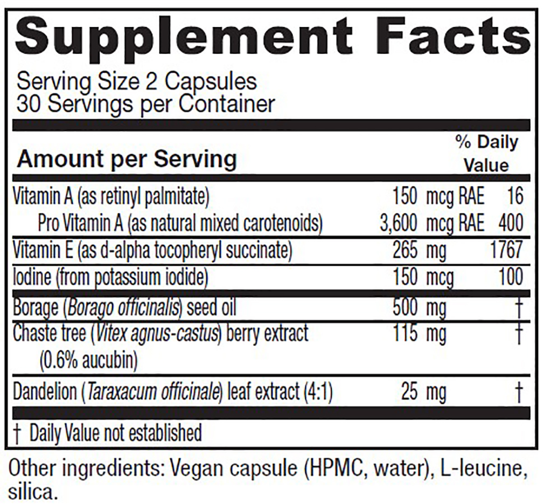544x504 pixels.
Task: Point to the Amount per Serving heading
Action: pyautogui.click(x=127, y=159)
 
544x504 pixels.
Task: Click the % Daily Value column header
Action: pyautogui.click(x=486, y=154)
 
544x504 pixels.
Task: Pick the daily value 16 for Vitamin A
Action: pyautogui.click(x=515, y=196)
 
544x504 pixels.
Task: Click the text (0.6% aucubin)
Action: pyautogui.click(x=88, y=360)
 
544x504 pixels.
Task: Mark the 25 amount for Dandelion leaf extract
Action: pyautogui.click(x=409, y=392)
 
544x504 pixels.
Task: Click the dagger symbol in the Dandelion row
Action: pyautogui.click(x=519, y=393)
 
